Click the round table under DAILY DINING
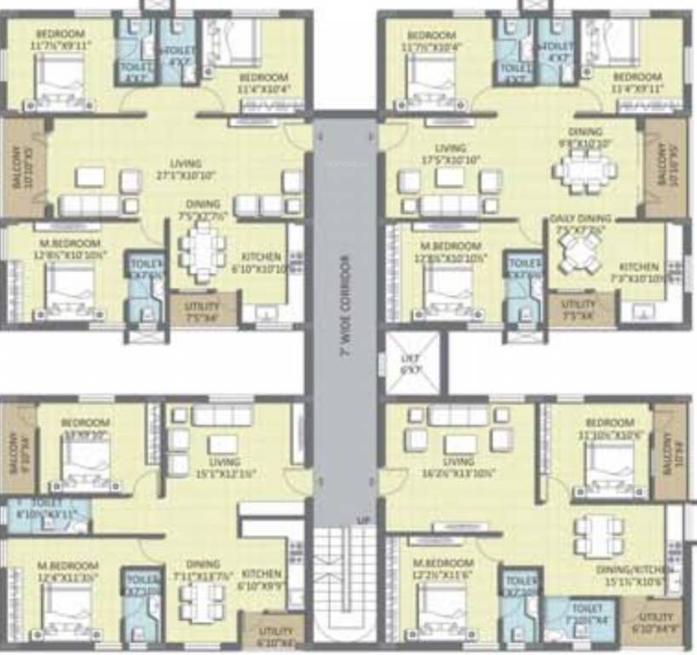pyautogui.click(x=581, y=252)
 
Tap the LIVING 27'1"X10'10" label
pyautogui.click(x=185, y=170)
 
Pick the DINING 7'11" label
pyautogui.click(x=202, y=570)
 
